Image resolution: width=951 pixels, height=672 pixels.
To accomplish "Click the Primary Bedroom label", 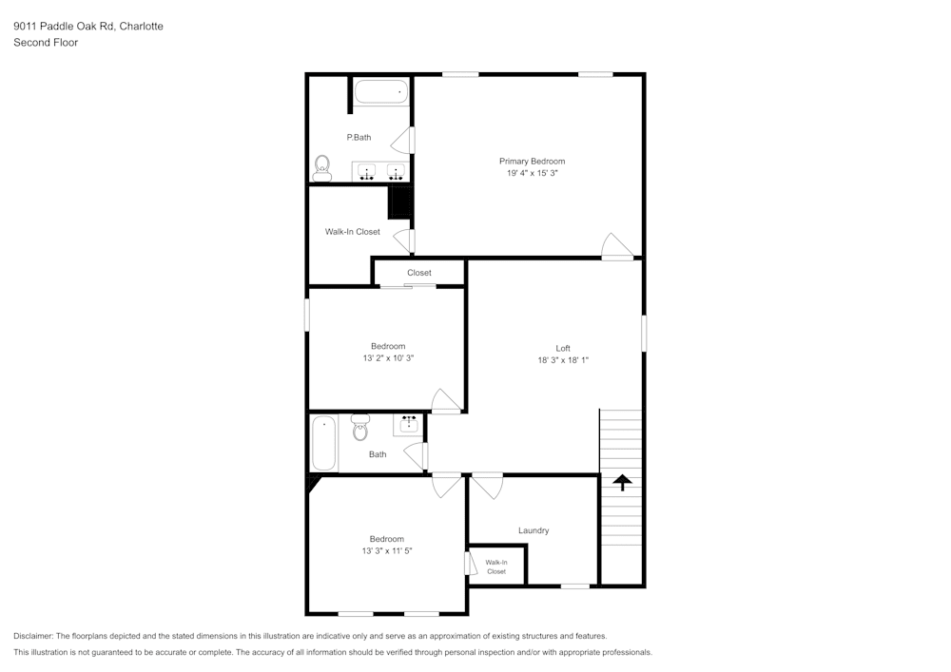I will coord(532,162).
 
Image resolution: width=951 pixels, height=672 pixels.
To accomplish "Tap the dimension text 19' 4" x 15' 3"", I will coord(532,174).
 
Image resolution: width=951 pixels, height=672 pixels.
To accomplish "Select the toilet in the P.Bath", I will coord(321,168).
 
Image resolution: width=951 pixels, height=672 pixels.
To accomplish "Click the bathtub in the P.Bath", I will coord(380,92).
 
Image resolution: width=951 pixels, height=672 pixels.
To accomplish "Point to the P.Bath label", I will coord(359,138).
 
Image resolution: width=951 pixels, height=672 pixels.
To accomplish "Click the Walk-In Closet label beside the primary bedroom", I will coord(352,232).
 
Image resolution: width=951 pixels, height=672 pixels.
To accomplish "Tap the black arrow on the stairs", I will coord(622,483).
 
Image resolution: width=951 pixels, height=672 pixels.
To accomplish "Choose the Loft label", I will coord(563,348).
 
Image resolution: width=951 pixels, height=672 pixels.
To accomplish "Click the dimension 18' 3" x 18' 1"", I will coord(563,360).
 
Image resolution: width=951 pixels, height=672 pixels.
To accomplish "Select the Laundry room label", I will coord(533,530).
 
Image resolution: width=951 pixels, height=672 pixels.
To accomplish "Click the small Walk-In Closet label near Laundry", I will coord(496,567).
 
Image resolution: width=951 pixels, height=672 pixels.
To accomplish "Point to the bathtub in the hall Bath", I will coord(324,442).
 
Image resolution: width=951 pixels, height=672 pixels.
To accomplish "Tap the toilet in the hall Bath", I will coord(359,429).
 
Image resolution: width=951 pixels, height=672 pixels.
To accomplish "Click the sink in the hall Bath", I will coord(409,424).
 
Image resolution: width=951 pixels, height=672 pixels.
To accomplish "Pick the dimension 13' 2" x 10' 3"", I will coord(388,358).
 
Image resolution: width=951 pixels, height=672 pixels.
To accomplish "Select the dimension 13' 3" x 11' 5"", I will coord(387,551).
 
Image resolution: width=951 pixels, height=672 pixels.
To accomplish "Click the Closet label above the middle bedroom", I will coord(418,273).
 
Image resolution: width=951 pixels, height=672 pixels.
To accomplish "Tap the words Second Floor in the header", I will coord(46,43).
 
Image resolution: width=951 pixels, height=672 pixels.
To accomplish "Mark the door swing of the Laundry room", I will coord(489,487).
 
